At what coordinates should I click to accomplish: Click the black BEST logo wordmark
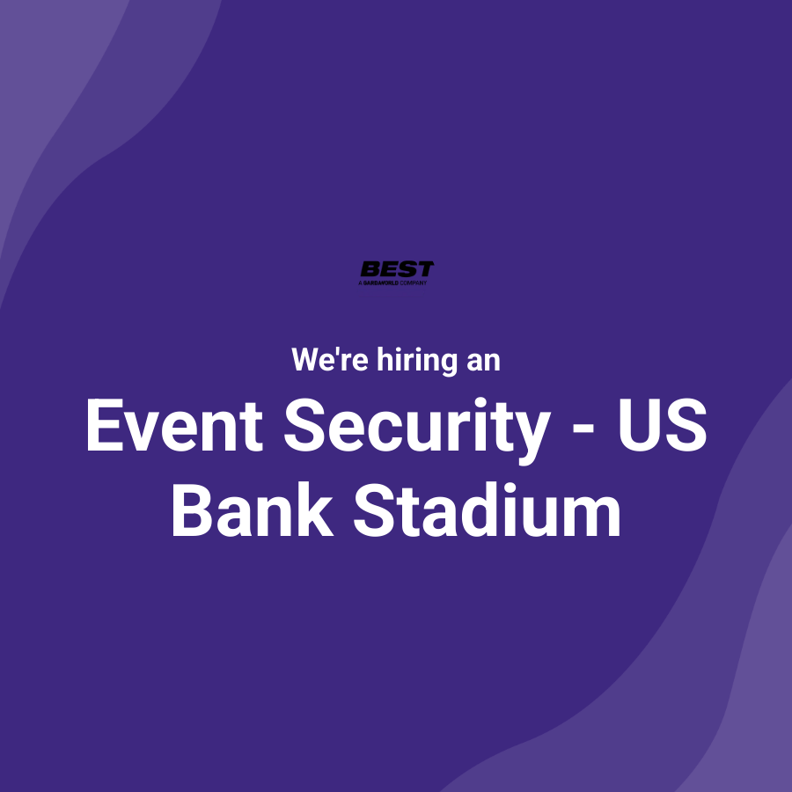[397, 269]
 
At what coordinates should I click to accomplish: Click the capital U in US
[635, 426]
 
